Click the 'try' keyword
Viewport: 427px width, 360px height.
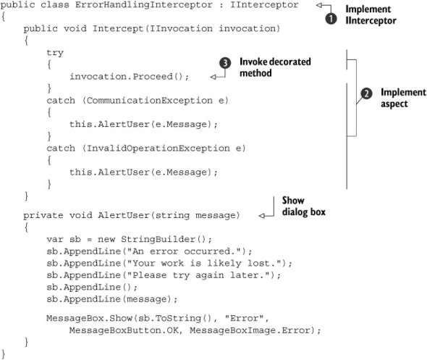(54, 53)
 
